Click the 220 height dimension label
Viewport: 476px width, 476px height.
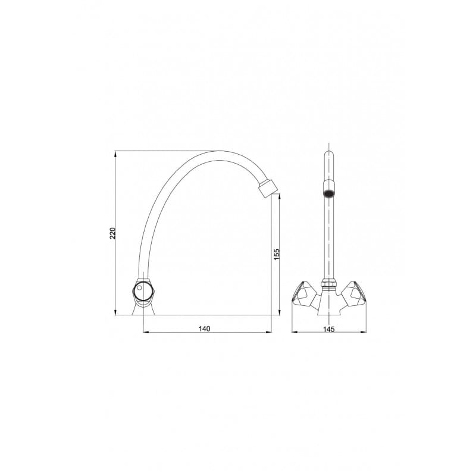[x=112, y=233]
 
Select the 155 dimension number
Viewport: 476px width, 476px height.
[x=277, y=255]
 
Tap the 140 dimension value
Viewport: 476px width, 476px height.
[x=204, y=328]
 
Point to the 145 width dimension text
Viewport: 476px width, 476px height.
[x=329, y=329]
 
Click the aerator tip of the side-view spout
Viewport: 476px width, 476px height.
[x=268, y=189]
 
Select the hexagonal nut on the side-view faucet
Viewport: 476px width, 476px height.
[x=144, y=290]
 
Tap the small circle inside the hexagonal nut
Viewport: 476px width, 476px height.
[x=139, y=287]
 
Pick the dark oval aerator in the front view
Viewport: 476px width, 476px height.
[x=329, y=193]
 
